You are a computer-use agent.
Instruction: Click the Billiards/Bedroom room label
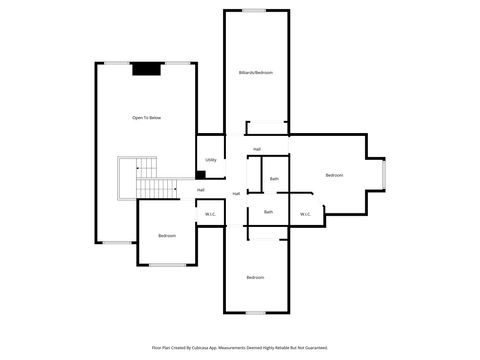pyautogui.click(x=256, y=73)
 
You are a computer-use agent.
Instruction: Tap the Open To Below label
pyautogui.click(x=146, y=118)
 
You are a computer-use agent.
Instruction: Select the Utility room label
pyautogui.click(x=210, y=160)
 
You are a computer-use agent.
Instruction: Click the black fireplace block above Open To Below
pyautogui.click(x=148, y=69)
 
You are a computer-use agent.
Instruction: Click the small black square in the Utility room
pyautogui.click(x=201, y=176)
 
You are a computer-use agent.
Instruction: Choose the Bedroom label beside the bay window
pyautogui.click(x=334, y=176)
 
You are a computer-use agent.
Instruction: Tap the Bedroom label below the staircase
pyautogui.click(x=167, y=235)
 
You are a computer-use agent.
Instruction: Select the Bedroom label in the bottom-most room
pyautogui.click(x=256, y=277)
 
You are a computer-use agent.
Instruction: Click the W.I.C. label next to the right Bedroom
pyautogui.click(x=305, y=213)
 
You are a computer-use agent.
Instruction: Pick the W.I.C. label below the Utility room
pyautogui.click(x=210, y=213)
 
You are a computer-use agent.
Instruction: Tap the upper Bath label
pyautogui.click(x=274, y=179)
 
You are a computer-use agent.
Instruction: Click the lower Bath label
pyautogui.click(x=268, y=212)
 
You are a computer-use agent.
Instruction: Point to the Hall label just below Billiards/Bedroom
pyautogui.click(x=257, y=150)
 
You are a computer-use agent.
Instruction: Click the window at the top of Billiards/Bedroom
pyautogui.click(x=256, y=11)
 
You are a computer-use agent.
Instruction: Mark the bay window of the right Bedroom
pyautogui.click(x=387, y=176)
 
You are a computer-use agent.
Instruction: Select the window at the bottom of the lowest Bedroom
pyautogui.click(x=256, y=312)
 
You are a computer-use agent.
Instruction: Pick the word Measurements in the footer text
pyautogui.click(x=239, y=347)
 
